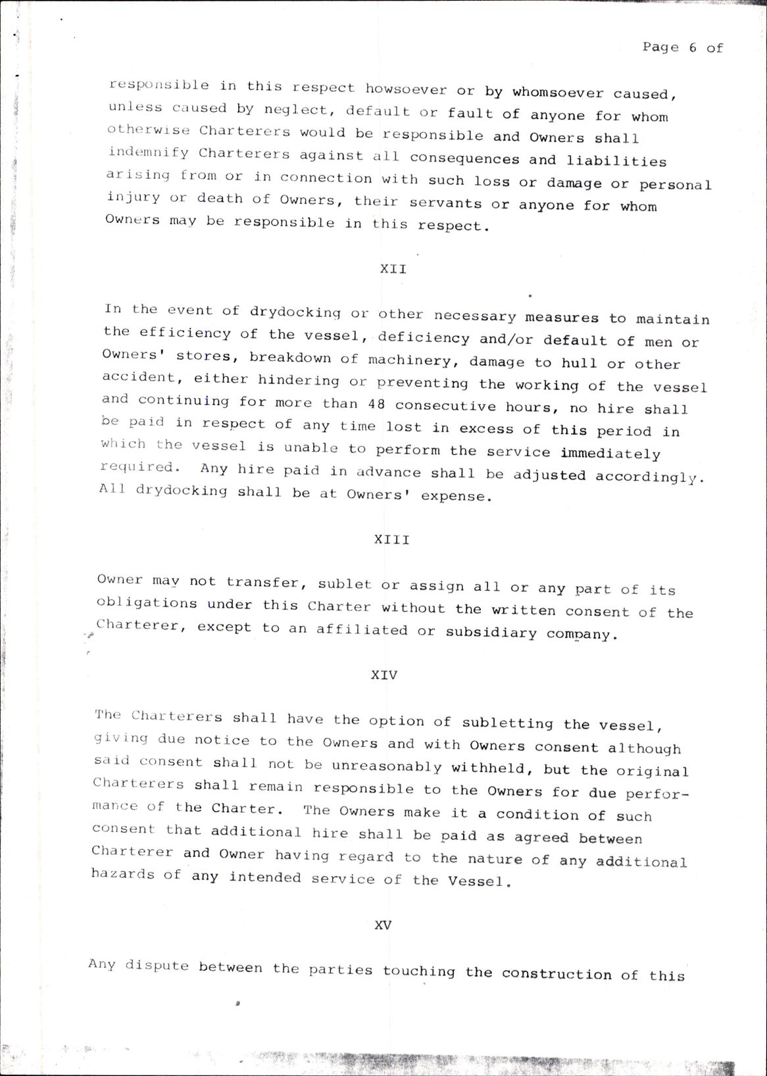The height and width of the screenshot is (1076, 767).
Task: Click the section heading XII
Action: (393, 269)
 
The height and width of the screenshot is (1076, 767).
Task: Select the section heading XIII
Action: (392, 539)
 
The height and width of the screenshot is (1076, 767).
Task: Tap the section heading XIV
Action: (384, 675)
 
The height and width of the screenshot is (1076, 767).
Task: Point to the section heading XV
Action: (383, 925)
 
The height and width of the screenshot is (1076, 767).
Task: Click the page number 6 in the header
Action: (693, 47)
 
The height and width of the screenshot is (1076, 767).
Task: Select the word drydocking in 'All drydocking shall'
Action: (181, 491)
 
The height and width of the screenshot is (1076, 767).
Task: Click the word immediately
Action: (610, 454)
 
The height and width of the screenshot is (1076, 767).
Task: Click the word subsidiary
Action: (491, 633)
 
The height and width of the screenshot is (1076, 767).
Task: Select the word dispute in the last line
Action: (157, 966)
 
